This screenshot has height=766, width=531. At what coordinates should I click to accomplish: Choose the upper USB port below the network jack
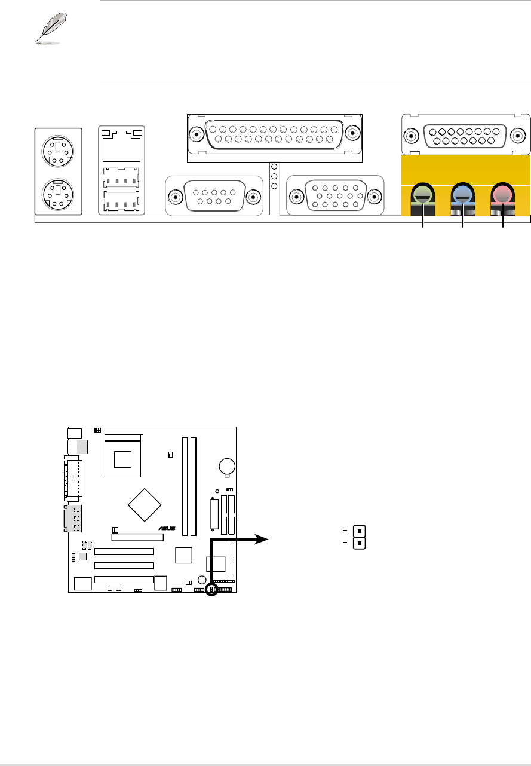[122, 177]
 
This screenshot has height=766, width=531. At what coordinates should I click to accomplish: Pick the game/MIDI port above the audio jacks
[466, 136]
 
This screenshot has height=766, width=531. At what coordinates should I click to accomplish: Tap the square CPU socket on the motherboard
[124, 457]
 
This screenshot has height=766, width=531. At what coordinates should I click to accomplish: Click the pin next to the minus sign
[359, 531]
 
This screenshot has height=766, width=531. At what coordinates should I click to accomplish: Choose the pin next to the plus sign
[359, 543]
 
